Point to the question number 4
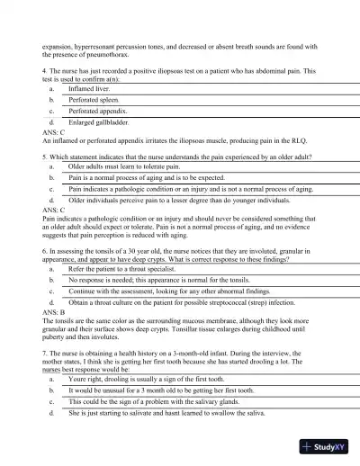click(x=45, y=70)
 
